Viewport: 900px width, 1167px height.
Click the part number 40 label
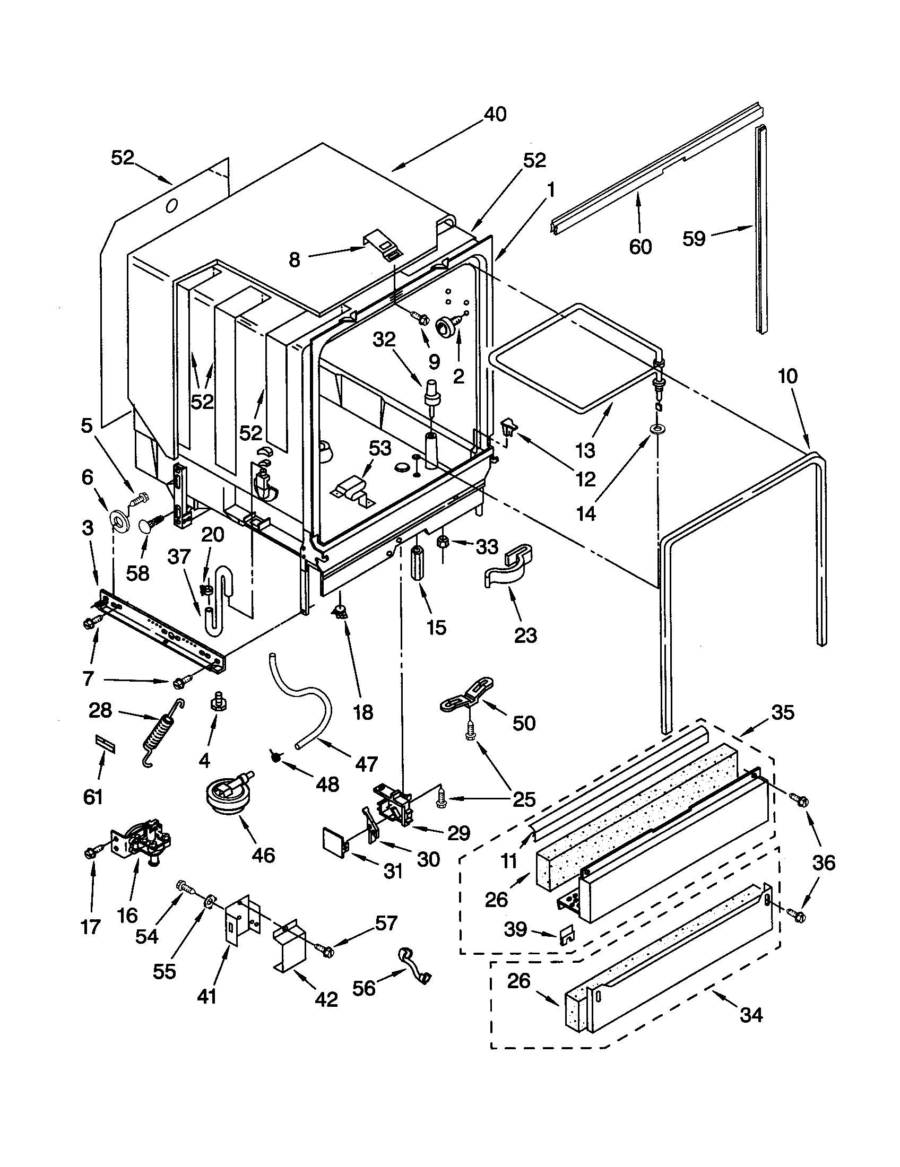point(495,115)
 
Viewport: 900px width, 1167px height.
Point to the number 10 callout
point(787,376)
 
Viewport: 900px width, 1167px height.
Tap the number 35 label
point(783,712)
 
